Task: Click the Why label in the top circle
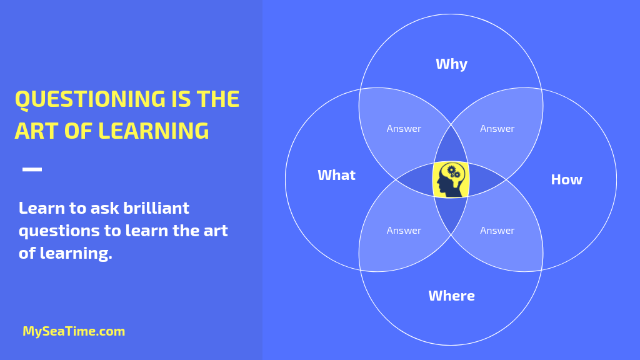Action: [x=451, y=64]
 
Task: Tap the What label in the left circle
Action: [x=336, y=175]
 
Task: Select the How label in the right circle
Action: [x=566, y=179]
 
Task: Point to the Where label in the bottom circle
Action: [x=451, y=296]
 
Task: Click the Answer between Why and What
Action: [x=404, y=129]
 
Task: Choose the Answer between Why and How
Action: [x=497, y=129]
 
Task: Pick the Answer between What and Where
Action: [x=404, y=231]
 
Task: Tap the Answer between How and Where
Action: [x=497, y=231]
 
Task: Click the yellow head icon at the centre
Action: [x=451, y=179]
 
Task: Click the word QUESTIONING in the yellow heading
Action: [x=90, y=99]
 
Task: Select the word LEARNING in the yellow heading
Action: [x=154, y=131]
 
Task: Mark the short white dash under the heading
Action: [x=32, y=169]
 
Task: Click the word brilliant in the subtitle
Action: [x=156, y=208]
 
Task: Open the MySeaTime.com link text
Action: [x=74, y=331]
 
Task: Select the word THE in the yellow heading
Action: [x=218, y=99]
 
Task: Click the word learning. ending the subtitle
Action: [x=76, y=254]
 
